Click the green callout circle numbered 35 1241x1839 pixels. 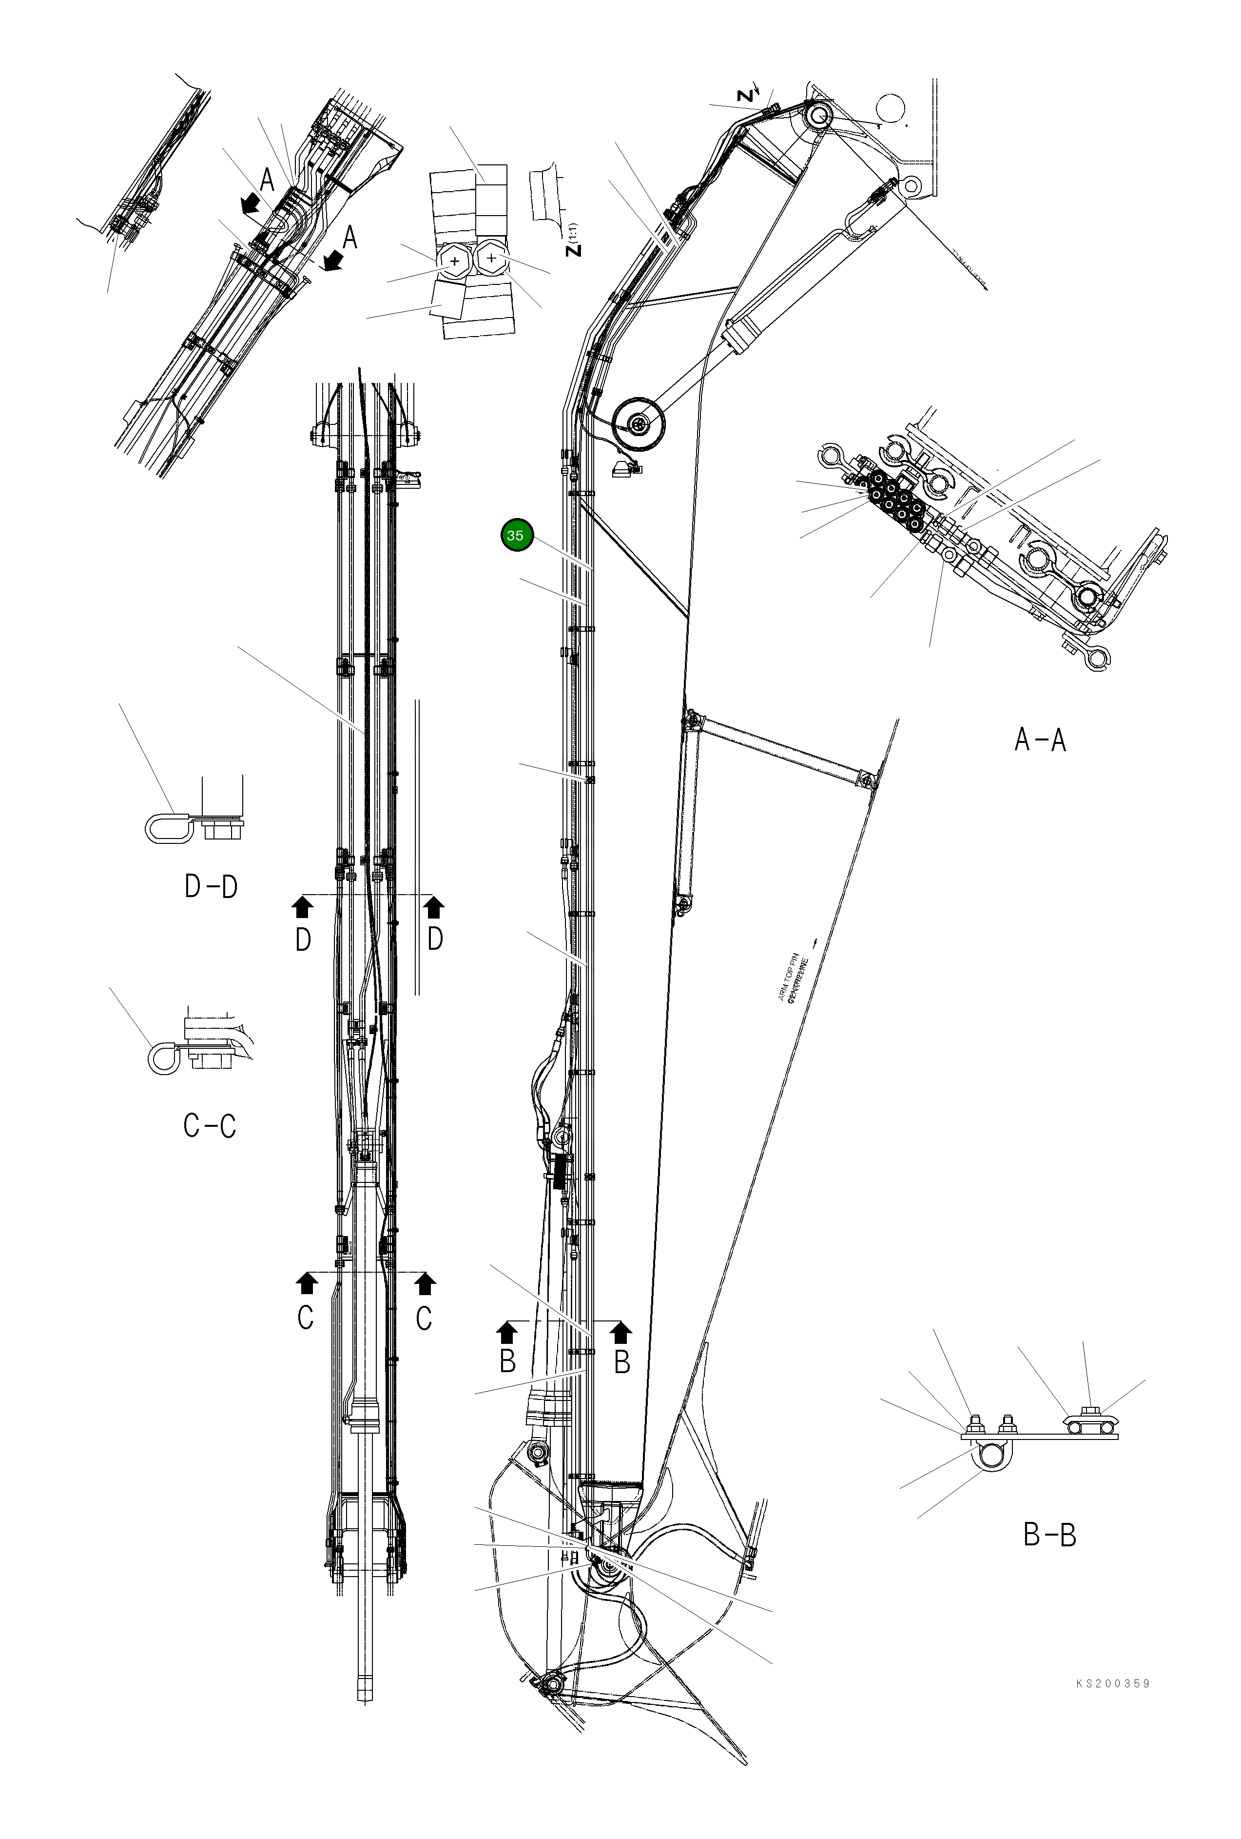(517, 536)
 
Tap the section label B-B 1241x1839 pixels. (1049, 1535)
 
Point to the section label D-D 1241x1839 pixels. (211, 887)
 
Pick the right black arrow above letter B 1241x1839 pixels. (621, 1333)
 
